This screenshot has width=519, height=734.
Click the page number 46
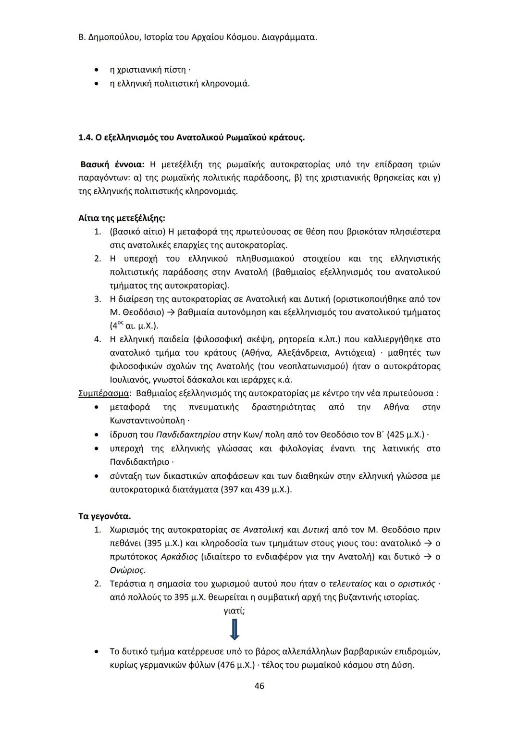point(259,686)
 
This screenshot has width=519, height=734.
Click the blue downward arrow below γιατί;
point(235,629)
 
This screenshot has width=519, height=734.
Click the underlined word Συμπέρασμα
point(103,393)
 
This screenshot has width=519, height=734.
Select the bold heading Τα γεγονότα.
point(104,516)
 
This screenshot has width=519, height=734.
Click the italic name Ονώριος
point(127,570)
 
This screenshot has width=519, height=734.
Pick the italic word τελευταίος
point(350,584)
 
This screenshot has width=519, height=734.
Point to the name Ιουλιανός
point(128,380)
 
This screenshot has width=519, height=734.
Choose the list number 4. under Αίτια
point(98,339)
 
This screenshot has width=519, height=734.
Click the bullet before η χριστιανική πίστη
point(97,70)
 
